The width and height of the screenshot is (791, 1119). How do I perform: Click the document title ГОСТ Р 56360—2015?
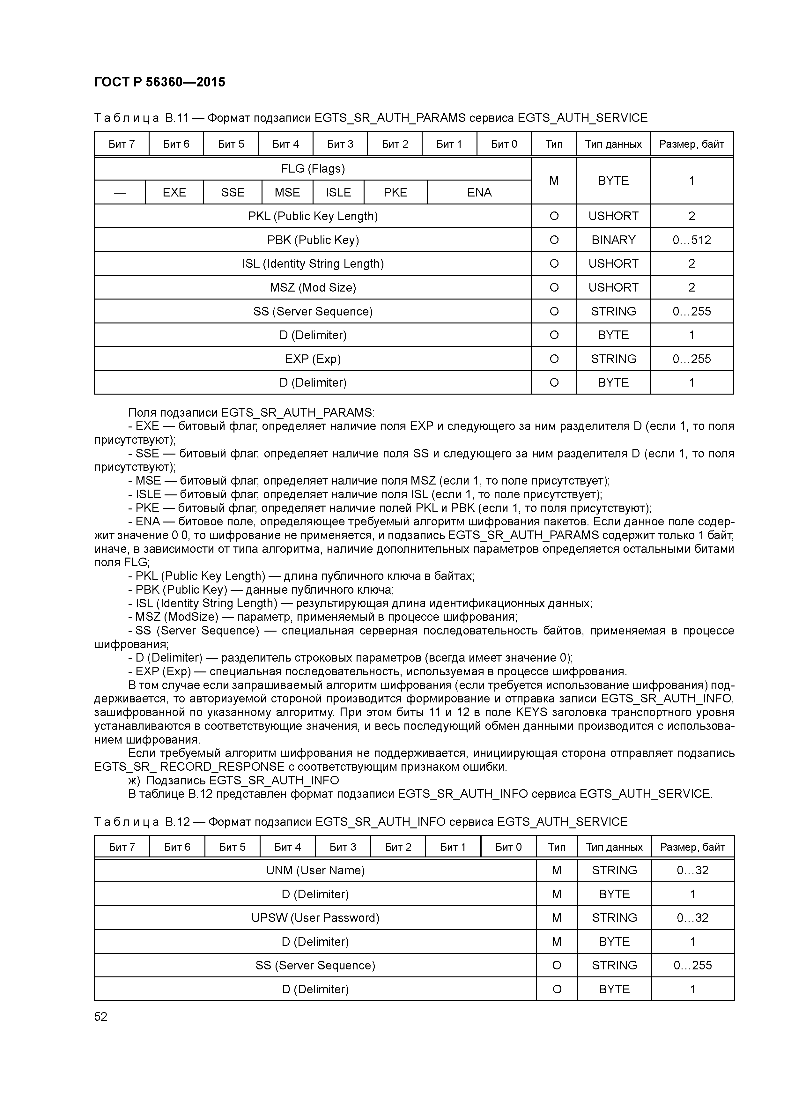click(x=159, y=82)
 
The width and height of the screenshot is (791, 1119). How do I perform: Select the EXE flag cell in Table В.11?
click(x=174, y=193)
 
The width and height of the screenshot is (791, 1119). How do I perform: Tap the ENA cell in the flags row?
click(x=479, y=193)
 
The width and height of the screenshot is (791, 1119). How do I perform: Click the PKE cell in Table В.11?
click(x=395, y=193)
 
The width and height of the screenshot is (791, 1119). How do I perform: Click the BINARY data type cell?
click(x=613, y=240)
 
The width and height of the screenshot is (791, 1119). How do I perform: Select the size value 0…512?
click(x=691, y=240)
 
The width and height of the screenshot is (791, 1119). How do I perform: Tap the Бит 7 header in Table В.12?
click(x=122, y=847)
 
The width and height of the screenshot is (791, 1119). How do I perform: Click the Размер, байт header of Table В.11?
click(x=691, y=144)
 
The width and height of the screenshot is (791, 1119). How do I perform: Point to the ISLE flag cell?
click(x=338, y=193)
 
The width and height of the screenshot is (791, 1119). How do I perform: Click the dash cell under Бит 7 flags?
click(x=120, y=193)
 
